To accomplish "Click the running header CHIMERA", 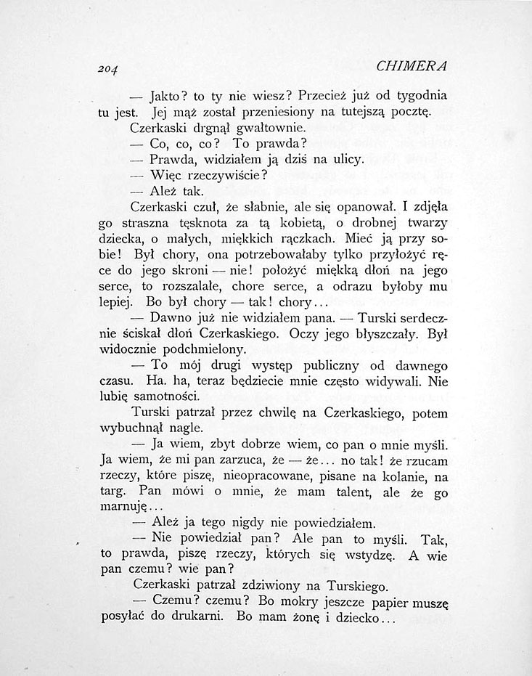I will click(412, 65).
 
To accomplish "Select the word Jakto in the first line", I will click(167, 95).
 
